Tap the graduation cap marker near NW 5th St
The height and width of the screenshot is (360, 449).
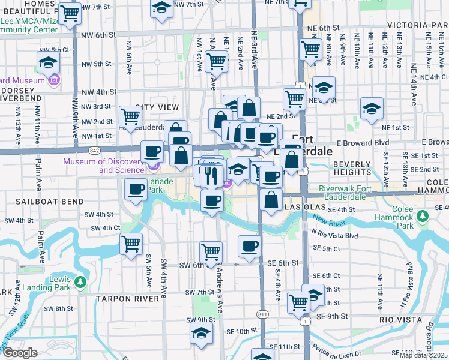click(x=48, y=62)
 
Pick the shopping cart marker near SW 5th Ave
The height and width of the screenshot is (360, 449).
click(x=131, y=244)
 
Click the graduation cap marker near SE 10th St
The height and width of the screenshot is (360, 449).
click(x=202, y=333)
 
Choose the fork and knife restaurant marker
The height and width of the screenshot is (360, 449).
click(x=210, y=175)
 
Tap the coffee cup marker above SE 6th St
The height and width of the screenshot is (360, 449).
click(x=250, y=245)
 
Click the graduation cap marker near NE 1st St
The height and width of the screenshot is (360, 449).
click(x=372, y=109)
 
